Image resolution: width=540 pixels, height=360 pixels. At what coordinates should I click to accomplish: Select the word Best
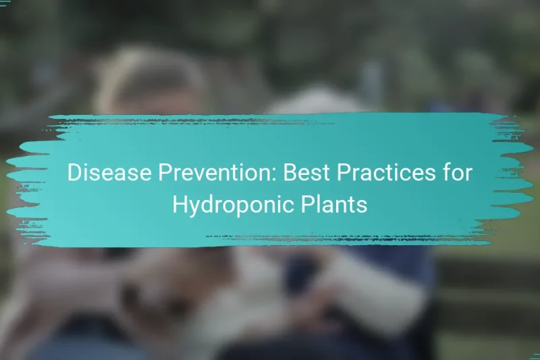[x=304, y=173]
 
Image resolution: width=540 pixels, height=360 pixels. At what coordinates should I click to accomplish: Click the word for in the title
[x=458, y=173]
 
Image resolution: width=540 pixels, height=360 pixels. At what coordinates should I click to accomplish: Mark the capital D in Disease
[x=74, y=173]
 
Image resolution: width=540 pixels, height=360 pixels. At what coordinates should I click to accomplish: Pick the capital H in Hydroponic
[x=179, y=205]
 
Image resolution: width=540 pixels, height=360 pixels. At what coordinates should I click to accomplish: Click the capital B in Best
[x=290, y=173]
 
